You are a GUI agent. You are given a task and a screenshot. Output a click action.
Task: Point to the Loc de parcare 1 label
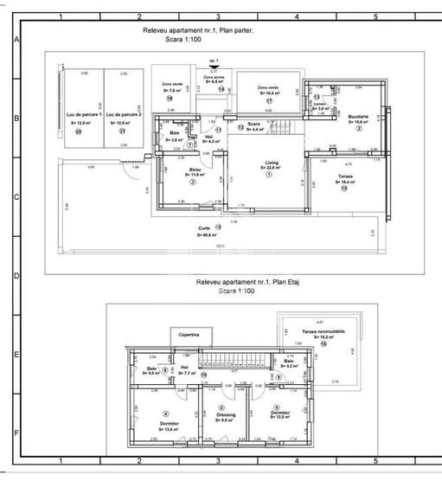pyautogui.click(x=84, y=115)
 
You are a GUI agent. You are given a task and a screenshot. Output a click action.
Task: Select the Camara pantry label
pyautogui.click(x=319, y=104)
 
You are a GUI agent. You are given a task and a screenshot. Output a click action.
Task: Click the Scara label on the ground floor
pyautogui.click(x=254, y=125)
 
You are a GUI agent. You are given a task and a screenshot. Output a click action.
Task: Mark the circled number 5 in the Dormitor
pyautogui.click(x=276, y=408)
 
